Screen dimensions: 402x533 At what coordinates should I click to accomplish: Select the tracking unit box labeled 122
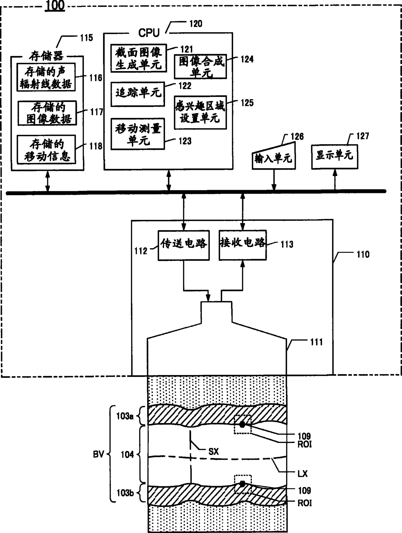(x=138, y=94)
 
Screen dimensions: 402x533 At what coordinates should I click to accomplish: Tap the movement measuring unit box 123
(x=138, y=134)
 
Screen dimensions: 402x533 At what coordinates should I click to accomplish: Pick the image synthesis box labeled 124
(x=200, y=66)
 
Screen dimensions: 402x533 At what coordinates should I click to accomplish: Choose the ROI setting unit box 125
(x=200, y=112)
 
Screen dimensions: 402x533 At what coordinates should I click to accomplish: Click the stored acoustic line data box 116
(x=46, y=77)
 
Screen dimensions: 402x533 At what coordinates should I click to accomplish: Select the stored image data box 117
(x=47, y=113)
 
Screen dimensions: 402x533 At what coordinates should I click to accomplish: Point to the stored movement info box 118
(x=46, y=149)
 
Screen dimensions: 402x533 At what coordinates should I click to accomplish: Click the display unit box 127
(x=335, y=157)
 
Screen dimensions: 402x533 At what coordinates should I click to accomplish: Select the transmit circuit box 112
(x=184, y=245)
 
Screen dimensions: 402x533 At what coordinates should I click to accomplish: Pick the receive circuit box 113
(x=243, y=245)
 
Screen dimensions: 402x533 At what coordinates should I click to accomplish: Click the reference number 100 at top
(x=55, y=5)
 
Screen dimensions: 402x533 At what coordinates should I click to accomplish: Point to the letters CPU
(x=149, y=33)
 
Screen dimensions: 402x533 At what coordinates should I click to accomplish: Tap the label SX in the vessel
(x=214, y=452)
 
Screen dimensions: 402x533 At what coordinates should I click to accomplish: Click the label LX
(x=302, y=474)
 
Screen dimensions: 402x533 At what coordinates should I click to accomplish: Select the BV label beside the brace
(x=99, y=454)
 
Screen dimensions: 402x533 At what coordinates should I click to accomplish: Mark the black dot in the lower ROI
(x=242, y=484)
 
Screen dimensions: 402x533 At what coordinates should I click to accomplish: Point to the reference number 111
(x=316, y=342)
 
